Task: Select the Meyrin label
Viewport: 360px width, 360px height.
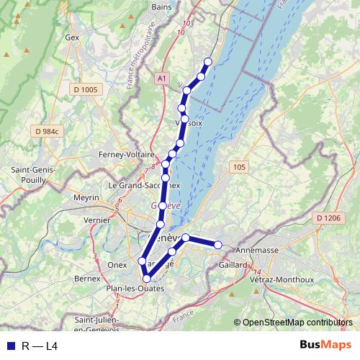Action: pyautogui.click(x=86, y=197)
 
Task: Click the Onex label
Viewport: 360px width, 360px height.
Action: pyautogui.click(x=117, y=264)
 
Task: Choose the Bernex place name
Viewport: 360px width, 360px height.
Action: pyautogui.click(x=87, y=277)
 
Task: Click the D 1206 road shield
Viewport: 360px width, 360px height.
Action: pyautogui.click(x=328, y=217)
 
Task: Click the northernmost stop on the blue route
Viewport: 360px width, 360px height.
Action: pyautogui.click(x=208, y=61)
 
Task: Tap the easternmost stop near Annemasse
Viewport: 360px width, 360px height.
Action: pyautogui.click(x=218, y=246)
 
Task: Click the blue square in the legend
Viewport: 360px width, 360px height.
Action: pyautogui.click(x=9, y=346)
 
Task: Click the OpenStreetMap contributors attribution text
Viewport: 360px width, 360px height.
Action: pyautogui.click(x=297, y=323)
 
